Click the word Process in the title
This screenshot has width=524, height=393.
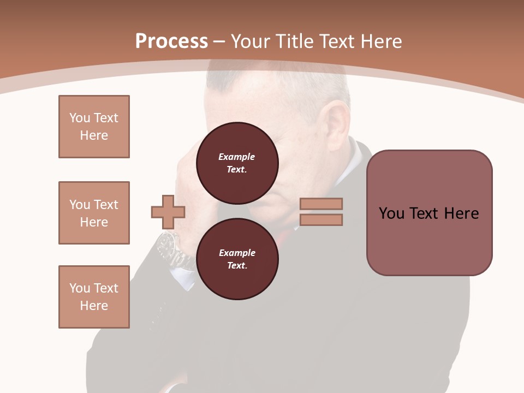tap(171, 41)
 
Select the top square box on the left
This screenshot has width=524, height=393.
tap(94, 127)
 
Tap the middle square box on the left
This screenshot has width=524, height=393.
tap(94, 213)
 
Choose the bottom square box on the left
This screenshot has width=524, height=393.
tap(94, 297)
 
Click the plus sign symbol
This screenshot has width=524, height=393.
tap(168, 212)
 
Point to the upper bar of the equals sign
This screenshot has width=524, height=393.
tap(321, 204)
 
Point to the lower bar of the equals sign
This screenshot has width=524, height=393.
tap(321, 219)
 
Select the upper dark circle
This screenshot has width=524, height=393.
tap(237, 163)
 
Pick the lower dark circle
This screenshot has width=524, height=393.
tap(237, 259)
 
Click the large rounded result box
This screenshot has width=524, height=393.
tap(429, 213)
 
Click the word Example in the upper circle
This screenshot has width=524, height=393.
tap(237, 157)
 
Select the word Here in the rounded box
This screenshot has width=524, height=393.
tap(461, 213)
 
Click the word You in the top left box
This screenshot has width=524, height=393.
tap(79, 118)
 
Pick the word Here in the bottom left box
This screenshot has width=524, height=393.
tap(94, 306)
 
